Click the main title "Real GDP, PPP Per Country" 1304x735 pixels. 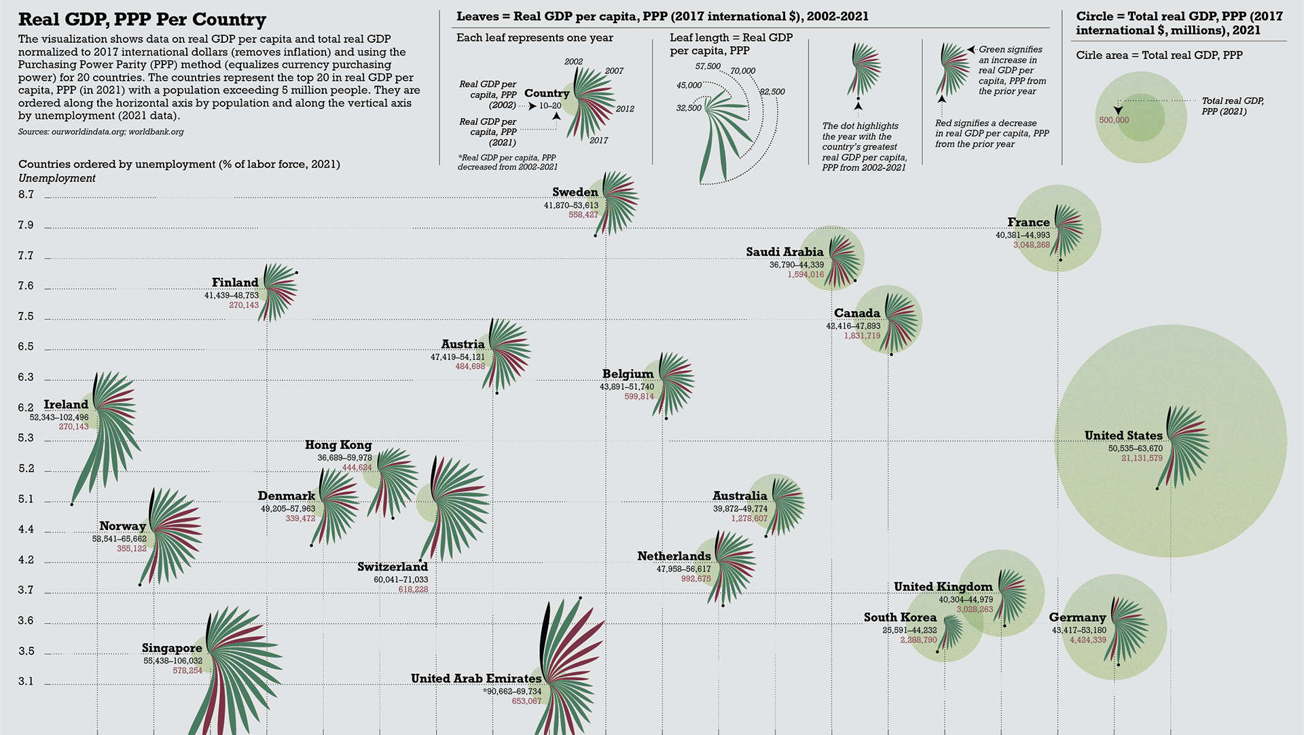[142, 20]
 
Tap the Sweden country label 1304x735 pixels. [575, 192]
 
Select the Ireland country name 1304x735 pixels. [66, 405]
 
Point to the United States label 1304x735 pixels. [1123, 435]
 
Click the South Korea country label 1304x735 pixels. [900, 617]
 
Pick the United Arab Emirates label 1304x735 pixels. [476, 679]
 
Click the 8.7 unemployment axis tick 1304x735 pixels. [26, 195]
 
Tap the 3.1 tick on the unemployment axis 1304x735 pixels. [26, 681]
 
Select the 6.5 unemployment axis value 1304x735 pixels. [26, 346]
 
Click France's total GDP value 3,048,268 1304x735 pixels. [1031, 245]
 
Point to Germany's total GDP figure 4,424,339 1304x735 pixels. [1087, 640]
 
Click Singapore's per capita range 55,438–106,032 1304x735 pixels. [173, 661]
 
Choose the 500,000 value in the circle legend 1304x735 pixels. [1114, 120]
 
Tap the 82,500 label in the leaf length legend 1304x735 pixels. [772, 92]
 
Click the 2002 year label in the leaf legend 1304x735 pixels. [573, 62]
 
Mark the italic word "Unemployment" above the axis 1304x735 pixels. [57, 179]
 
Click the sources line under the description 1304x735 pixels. [101, 132]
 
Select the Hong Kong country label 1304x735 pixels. [338, 445]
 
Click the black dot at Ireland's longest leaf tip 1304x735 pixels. [71, 504]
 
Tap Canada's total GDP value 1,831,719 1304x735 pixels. [862, 336]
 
